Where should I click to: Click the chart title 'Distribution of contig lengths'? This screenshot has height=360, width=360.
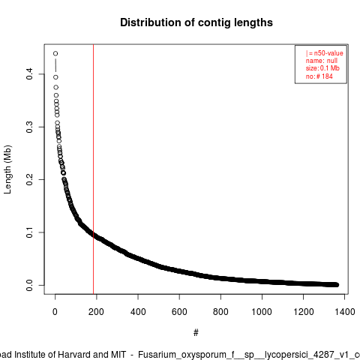pyautogui.click(x=196, y=22)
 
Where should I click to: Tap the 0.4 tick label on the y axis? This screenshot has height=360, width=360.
pyautogui.click(x=29, y=74)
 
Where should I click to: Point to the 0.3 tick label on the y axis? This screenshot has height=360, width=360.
pyautogui.click(x=29, y=127)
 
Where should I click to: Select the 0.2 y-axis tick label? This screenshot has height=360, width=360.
pyautogui.click(x=29, y=179)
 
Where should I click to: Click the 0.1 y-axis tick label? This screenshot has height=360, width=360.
pyautogui.click(x=29, y=232)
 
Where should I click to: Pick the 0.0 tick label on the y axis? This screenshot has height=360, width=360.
pyautogui.click(x=29, y=285)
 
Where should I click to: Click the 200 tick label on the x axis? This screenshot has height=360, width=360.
pyautogui.click(x=96, y=312)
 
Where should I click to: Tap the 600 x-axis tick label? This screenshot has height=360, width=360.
pyautogui.click(x=179, y=312)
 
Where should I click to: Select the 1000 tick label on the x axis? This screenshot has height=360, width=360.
pyautogui.click(x=262, y=312)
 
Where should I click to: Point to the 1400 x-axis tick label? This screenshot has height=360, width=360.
pyautogui.click(x=344, y=312)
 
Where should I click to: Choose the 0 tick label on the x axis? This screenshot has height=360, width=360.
pyautogui.click(x=55, y=312)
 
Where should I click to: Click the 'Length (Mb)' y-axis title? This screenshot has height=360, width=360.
pyautogui.click(x=7, y=169)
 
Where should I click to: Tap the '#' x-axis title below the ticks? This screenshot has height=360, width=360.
pyautogui.click(x=196, y=333)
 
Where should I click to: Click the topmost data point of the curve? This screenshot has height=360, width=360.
pyautogui.click(x=55, y=53)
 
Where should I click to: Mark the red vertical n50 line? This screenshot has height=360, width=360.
pyautogui.click(x=93, y=169)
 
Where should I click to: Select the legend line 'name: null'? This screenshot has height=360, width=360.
pyautogui.click(x=322, y=61)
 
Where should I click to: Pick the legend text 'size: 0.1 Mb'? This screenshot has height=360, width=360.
pyautogui.click(x=322, y=68)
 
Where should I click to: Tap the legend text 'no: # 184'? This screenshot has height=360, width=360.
pyautogui.click(x=319, y=76)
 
